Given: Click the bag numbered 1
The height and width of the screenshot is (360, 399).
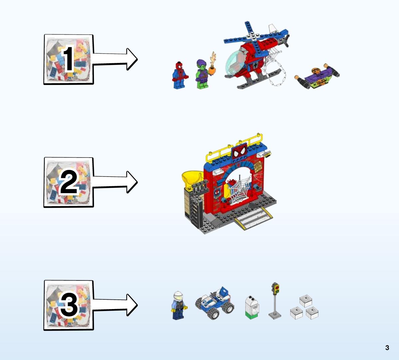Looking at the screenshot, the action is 69,59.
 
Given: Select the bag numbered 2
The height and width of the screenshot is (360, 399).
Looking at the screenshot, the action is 69,182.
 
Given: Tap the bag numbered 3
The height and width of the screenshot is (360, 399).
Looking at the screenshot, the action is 69,305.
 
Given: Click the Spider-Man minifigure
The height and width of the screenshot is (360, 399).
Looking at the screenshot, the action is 180,75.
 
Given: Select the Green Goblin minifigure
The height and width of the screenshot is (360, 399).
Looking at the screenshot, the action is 203,74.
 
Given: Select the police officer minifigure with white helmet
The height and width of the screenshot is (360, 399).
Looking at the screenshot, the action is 179,305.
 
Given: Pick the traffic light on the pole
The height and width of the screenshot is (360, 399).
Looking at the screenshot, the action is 275,301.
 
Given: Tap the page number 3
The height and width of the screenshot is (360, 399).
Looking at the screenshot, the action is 387,348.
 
